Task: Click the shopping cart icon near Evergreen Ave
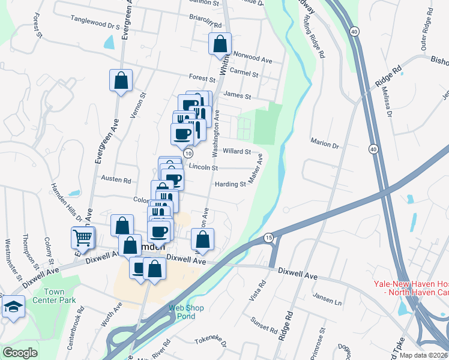pyautogui.click(x=82, y=237)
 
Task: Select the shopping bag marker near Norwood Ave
pyautogui.click(x=220, y=44)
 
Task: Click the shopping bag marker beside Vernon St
pyautogui.click(x=121, y=80)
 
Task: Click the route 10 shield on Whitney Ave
pyautogui.click(x=188, y=154)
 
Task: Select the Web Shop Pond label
pyautogui.click(x=186, y=312)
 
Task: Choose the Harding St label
pyautogui.click(x=231, y=184)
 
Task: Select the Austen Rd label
pyautogui.click(x=116, y=180)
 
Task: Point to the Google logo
pyautogui.click(x=20, y=353)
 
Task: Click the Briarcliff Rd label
pyautogui.click(x=206, y=25)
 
